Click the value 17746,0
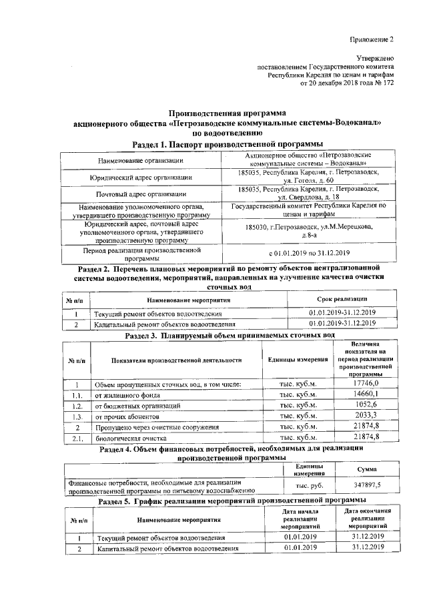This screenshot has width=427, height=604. (366, 383)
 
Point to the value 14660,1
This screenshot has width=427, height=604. (366, 394)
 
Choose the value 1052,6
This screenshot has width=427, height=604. (366, 404)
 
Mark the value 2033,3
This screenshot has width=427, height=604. (366, 415)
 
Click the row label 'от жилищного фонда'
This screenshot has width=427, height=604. (128, 394)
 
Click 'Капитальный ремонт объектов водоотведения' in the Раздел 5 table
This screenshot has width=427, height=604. (167, 548)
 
